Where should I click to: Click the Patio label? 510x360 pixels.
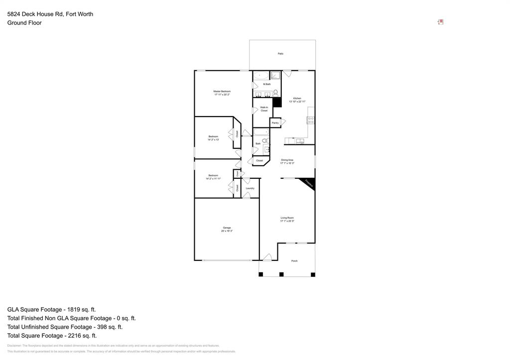tap(280, 53)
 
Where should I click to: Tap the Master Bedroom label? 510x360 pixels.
tap(222, 92)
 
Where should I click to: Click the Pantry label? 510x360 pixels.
tap(275, 122)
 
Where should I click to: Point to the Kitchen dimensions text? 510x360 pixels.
tap(297, 102)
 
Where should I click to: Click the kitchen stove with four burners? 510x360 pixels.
tap(311, 120)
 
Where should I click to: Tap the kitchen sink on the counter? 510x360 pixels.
tap(300, 141)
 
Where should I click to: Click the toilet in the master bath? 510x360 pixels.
tap(275, 93)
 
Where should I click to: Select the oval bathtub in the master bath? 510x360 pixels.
tap(260, 76)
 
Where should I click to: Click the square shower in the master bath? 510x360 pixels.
tap(275, 76)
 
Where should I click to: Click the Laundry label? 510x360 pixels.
tap(250, 188)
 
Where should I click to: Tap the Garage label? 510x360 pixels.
tap(227, 228)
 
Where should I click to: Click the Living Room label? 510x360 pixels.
tap(287, 218)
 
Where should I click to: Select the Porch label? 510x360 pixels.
tap(294, 261)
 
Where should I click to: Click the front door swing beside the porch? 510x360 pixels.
tap(267, 257)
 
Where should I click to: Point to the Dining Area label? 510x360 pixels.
tap(287, 160)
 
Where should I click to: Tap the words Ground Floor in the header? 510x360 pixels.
tap(24, 23)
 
